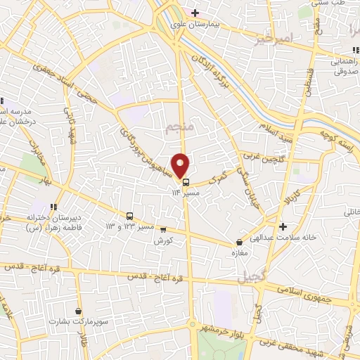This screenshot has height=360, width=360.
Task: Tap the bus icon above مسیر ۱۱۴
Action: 186,181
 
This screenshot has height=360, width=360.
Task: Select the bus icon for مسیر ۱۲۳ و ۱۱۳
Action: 130,216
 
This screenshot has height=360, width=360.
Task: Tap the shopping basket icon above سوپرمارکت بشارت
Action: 78,310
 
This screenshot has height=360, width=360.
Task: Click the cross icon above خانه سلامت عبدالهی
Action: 283,226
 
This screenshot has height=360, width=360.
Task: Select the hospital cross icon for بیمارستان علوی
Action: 195,13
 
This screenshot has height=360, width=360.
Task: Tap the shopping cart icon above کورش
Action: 163,229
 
